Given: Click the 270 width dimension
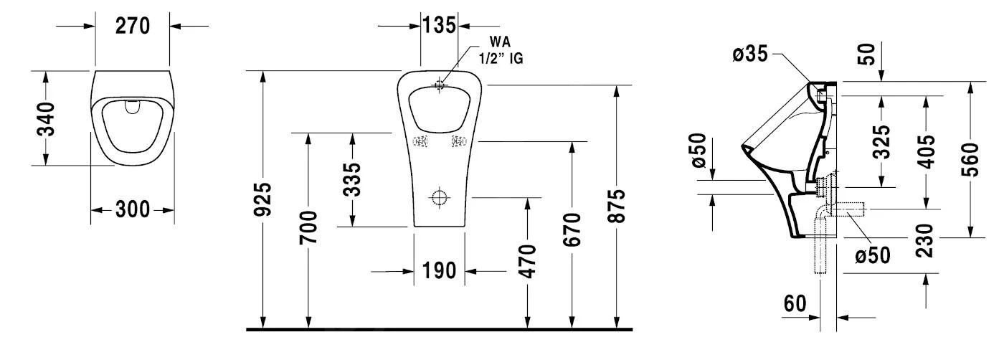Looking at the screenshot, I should [133, 26].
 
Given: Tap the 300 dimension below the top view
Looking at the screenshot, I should [133, 210].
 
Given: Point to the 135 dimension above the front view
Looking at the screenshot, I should [439, 25].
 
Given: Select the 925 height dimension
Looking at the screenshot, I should [265, 200].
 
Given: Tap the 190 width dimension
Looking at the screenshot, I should [439, 272].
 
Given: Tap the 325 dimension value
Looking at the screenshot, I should [883, 142].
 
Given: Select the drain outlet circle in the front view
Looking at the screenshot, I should [439, 197].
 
